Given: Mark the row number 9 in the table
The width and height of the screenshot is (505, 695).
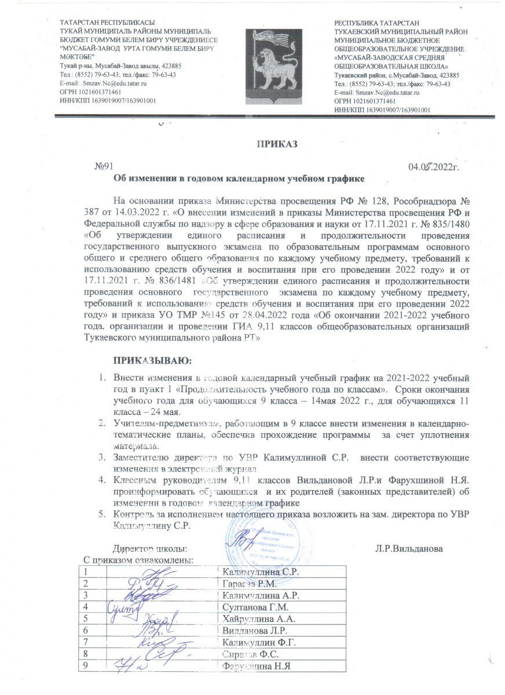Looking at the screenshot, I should pos(86,665).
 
